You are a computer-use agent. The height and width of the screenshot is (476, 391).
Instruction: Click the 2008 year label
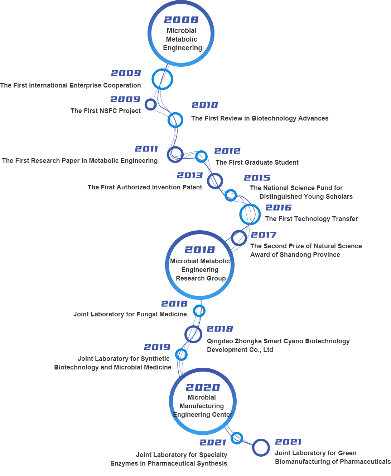pyautogui.click(x=181, y=20)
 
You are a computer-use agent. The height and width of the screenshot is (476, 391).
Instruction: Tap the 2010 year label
pyautogui.click(x=204, y=105)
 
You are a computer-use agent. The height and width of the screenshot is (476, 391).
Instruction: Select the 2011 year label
pyautogui.click(x=146, y=149)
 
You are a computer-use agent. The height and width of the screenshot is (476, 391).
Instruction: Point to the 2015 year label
pyautogui.click(x=257, y=178)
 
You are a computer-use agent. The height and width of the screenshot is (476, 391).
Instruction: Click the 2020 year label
pyautogui.click(x=203, y=388)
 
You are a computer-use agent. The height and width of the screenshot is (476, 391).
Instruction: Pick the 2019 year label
pyautogui.click(x=157, y=347)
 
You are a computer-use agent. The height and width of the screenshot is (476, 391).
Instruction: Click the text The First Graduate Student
pyautogui.click(x=257, y=162)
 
